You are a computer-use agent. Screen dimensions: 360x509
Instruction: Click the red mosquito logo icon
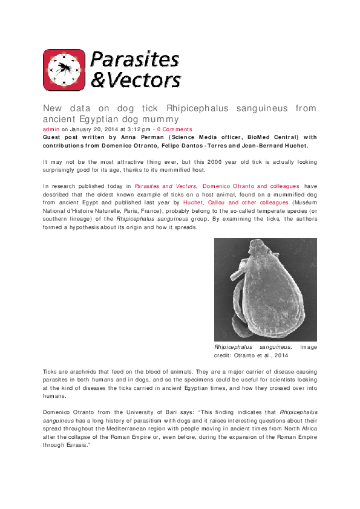[x=64, y=70]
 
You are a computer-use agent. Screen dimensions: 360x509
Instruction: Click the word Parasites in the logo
[x=134, y=60]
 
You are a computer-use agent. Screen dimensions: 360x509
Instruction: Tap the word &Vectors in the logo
[x=136, y=80]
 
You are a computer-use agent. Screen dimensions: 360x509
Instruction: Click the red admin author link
[x=51, y=129]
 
